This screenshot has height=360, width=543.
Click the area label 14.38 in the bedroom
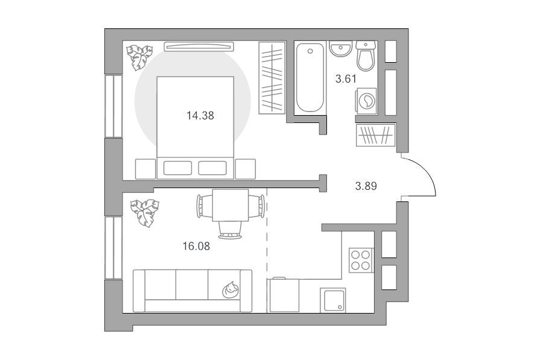click(x=200, y=116)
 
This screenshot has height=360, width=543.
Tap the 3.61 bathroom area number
click(x=346, y=79)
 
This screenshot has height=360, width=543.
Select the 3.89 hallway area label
click(x=366, y=186)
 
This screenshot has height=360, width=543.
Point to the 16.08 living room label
click(x=196, y=246)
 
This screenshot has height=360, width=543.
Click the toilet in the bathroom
click(x=366, y=55)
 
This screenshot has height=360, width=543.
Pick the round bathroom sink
click(x=340, y=48)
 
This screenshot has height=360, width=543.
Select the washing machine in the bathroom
click(x=366, y=101)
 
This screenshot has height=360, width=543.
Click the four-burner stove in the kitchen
click(x=361, y=261)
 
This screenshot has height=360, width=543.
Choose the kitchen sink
click(x=332, y=300)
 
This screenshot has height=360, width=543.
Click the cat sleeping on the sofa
click(x=230, y=289)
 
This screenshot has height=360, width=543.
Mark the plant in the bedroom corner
click(x=139, y=57)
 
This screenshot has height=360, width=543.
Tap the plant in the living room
click(x=145, y=213)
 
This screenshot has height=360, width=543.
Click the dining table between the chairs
click(x=230, y=205)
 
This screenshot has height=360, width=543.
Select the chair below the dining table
click(x=230, y=230)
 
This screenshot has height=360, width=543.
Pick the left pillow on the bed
click(x=177, y=168)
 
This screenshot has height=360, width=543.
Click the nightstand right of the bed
click(x=245, y=169)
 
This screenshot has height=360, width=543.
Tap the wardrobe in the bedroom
click(x=272, y=78)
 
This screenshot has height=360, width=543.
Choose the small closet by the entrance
click(x=376, y=135)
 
